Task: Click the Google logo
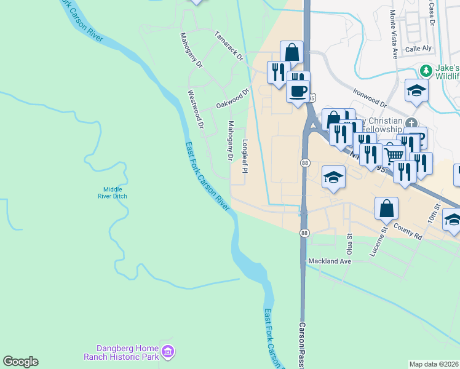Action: click(x=20, y=362)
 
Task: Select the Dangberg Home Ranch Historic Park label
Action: click(x=121, y=352)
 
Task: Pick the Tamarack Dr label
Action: click(x=229, y=46)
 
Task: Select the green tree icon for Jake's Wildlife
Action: click(x=425, y=69)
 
